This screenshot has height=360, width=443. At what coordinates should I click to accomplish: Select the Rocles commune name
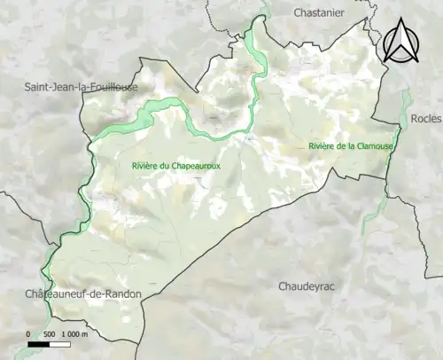pos(424,118)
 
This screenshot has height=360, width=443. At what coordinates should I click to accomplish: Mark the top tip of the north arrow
pos(403,20)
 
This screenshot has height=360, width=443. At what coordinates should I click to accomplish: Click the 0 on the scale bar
pos(28,333)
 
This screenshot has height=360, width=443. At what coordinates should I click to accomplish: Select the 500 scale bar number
pos(51,333)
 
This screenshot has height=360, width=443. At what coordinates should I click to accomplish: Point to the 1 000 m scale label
pos(78,333)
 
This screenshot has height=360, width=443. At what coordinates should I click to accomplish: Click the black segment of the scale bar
pos(39,342)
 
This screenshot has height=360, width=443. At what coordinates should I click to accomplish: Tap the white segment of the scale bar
pos(61,342)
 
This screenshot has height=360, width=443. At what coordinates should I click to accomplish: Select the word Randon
pos(122,293)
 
